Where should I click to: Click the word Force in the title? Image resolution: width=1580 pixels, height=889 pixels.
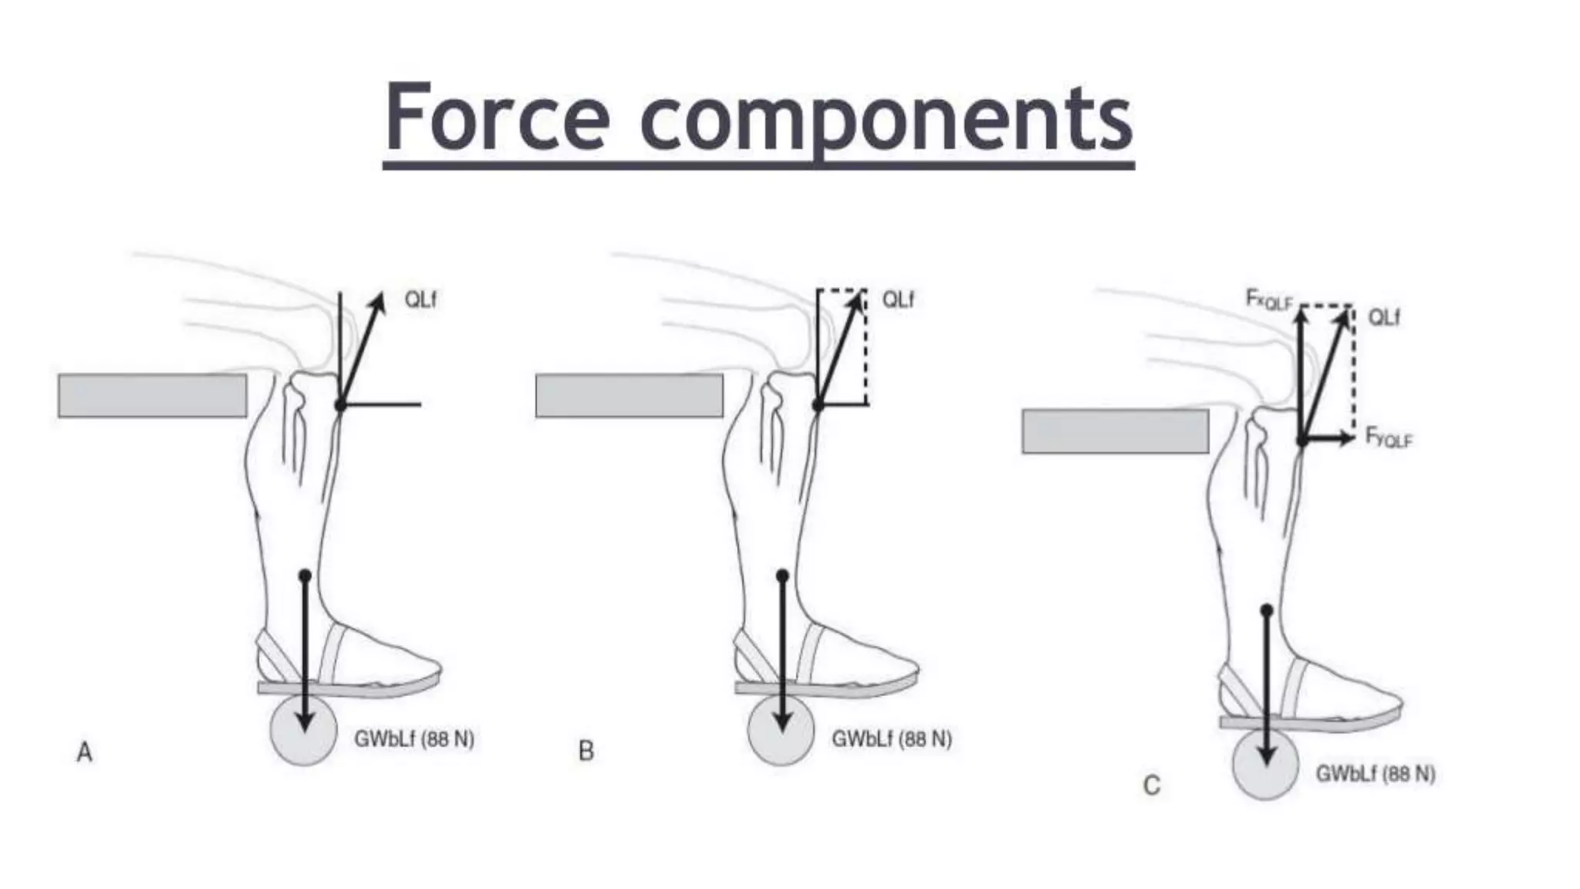tap(498, 118)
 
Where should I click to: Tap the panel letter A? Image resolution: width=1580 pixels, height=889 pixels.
tap(85, 752)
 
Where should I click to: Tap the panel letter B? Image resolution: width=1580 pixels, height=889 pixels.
tap(586, 751)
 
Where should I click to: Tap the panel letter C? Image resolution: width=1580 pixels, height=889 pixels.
tap(1151, 786)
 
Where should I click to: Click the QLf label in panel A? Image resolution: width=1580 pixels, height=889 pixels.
tap(420, 299)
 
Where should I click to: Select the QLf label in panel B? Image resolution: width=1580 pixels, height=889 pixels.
tap(898, 299)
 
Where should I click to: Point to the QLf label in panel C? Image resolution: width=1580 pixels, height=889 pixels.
tap(1384, 317)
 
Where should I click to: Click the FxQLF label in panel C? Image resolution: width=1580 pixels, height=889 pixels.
tap(1268, 299)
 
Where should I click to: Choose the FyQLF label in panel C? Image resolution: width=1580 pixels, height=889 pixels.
tap(1389, 438)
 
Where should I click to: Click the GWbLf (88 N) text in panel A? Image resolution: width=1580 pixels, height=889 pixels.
tap(414, 739)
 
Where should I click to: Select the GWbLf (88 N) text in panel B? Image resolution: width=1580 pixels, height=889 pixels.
tap(892, 739)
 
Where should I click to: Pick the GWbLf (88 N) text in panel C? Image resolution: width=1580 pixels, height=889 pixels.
tap(1376, 773)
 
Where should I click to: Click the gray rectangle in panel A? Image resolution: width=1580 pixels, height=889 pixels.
tap(153, 396)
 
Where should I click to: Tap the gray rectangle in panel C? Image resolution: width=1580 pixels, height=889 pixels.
tap(1116, 431)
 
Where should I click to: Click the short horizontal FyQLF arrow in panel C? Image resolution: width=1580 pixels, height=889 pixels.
tap(1328, 438)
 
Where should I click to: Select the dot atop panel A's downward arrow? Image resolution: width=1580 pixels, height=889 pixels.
tap(305, 576)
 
